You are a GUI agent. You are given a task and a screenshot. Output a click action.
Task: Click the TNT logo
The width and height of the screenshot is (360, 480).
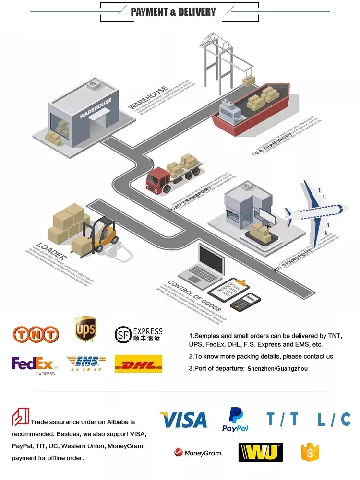coord(36,334)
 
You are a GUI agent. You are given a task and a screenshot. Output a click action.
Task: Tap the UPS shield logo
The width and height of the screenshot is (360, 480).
coord(85,329)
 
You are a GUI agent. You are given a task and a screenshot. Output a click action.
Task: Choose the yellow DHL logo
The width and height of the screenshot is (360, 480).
coord(138,364)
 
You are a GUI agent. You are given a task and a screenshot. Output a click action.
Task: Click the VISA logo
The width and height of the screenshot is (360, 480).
coord(183,420)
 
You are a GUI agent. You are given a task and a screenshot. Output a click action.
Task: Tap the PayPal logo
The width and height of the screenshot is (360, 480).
coord(235,419)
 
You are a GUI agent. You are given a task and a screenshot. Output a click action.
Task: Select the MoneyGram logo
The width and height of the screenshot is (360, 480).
coord(198,452)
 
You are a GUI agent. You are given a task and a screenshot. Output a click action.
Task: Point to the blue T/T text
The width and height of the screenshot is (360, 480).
coord(282,420)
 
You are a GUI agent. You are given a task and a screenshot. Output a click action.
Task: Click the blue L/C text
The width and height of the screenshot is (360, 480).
coord(334,420)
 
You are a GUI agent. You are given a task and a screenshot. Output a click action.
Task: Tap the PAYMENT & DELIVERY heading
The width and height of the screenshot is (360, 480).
coord(173,12)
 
